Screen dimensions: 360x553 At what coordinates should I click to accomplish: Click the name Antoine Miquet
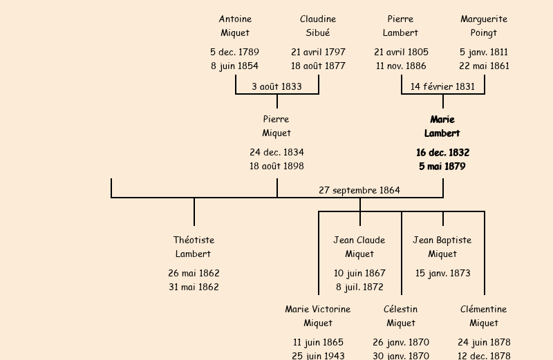(235, 26)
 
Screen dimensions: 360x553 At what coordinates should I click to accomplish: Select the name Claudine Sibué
(318, 26)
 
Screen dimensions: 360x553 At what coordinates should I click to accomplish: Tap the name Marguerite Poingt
(484, 26)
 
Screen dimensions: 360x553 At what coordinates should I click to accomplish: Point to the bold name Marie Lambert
(442, 126)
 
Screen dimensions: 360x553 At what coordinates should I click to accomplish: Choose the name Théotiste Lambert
(194, 247)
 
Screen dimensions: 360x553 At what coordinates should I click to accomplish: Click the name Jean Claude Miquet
(359, 247)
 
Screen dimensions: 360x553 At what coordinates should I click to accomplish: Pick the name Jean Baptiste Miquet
(442, 247)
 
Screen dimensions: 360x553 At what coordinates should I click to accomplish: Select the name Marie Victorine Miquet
(318, 316)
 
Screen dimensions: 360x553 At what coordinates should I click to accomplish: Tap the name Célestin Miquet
(401, 316)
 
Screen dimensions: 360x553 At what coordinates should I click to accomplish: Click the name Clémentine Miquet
(484, 316)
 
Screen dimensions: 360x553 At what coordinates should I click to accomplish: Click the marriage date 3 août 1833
(276, 86)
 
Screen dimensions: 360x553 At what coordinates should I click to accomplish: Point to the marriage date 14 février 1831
(442, 86)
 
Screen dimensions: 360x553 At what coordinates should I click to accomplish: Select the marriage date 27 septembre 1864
(359, 190)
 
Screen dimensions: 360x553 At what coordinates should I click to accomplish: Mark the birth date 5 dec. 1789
(235, 52)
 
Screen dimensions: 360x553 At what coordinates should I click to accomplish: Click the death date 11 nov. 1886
(401, 66)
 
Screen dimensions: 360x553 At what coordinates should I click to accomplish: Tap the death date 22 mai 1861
(484, 66)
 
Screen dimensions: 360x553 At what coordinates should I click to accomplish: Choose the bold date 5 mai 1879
(442, 167)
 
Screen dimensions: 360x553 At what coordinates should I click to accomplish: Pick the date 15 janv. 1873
(442, 273)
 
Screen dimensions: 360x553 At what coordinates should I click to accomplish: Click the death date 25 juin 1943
(318, 356)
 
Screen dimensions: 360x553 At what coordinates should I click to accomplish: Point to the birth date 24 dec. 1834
(276, 152)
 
